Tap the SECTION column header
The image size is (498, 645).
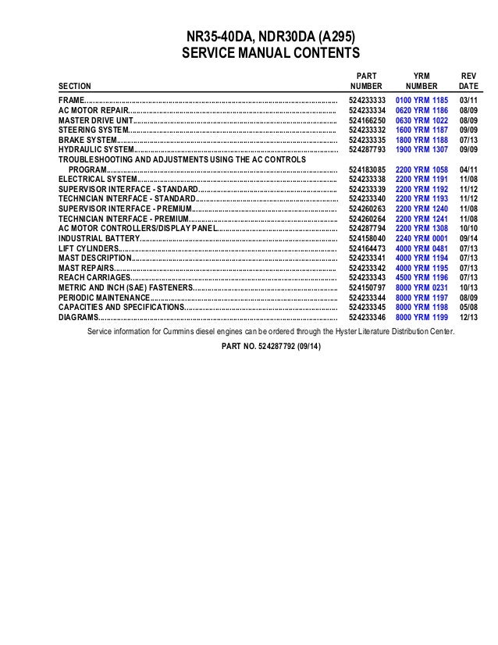tap(75, 86)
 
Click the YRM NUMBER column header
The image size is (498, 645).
tap(422, 80)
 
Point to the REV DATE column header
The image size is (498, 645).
tap(468, 80)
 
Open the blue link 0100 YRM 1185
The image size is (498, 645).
tap(422, 102)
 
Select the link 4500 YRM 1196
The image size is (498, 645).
tap(422, 278)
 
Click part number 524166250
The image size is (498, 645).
tap(367, 121)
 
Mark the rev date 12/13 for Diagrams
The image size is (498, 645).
tap(468, 318)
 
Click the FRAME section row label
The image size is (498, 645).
tap(69, 102)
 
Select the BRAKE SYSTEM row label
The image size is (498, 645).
tap(87, 140)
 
